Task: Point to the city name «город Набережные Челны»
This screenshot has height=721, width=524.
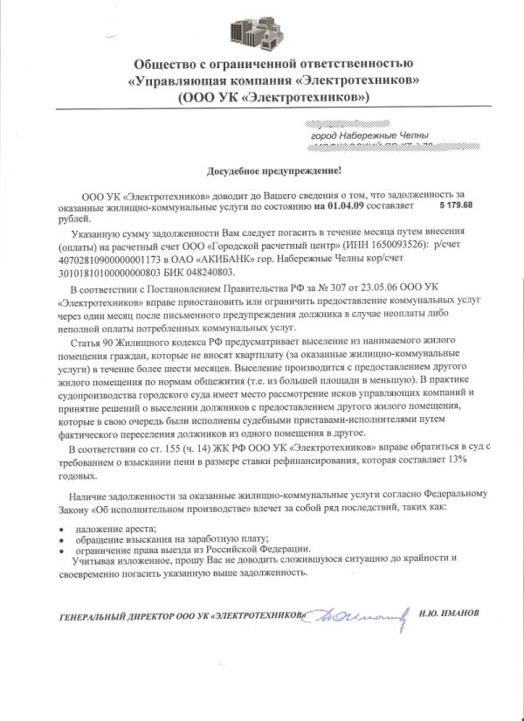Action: (369, 136)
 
